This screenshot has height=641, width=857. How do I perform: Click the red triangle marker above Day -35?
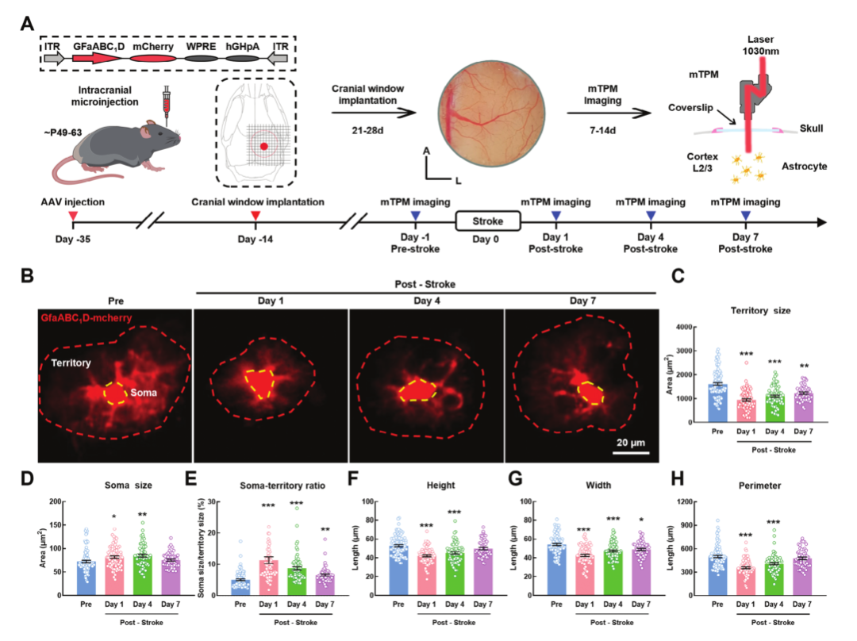(74, 215)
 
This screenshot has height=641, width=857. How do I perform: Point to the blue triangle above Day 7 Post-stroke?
(745, 215)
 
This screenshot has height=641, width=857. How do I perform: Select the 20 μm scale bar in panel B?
(632, 453)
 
